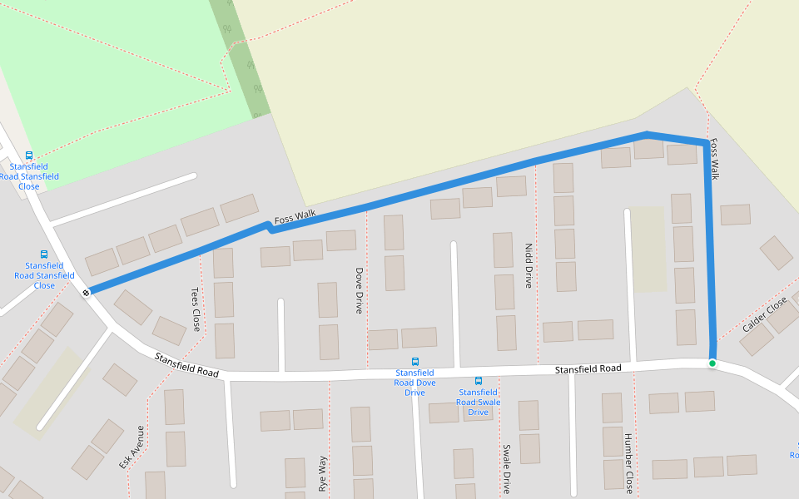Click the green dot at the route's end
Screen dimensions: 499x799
click(712, 363)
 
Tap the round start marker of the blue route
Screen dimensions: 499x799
click(87, 292)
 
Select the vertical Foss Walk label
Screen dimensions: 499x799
click(714, 159)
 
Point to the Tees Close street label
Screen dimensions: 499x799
click(196, 309)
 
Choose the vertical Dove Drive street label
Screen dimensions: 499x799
click(360, 290)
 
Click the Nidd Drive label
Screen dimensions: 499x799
click(528, 265)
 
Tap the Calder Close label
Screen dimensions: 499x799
click(764, 316)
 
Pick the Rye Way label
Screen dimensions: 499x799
click(323, 473)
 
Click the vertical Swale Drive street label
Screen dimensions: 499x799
click(506, 469)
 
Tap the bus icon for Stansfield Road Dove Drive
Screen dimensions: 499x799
click(415, 362)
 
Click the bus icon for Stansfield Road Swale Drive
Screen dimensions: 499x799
click(479, 381)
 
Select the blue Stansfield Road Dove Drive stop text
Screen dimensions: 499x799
click(415, 383)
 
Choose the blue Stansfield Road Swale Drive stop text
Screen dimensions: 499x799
click(479, 402)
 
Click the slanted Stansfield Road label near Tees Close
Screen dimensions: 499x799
click(187, 365)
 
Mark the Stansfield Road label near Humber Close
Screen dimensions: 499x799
click(588, 368)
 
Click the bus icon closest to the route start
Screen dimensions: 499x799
click(44, 254)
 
